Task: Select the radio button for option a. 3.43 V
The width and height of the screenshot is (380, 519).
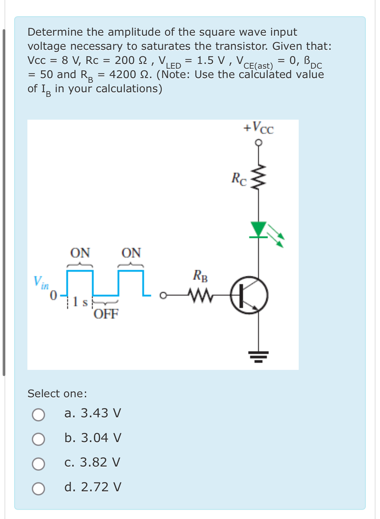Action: [x=39, y=414]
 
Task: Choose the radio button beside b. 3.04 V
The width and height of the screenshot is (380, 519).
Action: [x=39, y=439]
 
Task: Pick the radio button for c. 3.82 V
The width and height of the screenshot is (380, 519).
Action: [x=39, y=464]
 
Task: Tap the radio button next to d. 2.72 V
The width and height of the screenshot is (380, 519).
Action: [x=39, y=488]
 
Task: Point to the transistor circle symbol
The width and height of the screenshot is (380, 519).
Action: [x=249, y=295]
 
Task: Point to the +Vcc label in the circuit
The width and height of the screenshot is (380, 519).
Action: [x=259, y=128]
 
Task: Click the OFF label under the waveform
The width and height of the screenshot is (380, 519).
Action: [x=106, y=314]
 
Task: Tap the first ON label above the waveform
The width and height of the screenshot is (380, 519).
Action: [x=80, y=253]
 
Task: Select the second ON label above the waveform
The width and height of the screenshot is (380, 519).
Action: [x=131, y=253]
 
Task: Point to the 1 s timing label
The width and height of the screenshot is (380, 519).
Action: [x=80, y=301]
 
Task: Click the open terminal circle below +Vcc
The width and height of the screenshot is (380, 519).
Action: [x=259, y=143]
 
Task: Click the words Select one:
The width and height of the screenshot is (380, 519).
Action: [x=57, y=393]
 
